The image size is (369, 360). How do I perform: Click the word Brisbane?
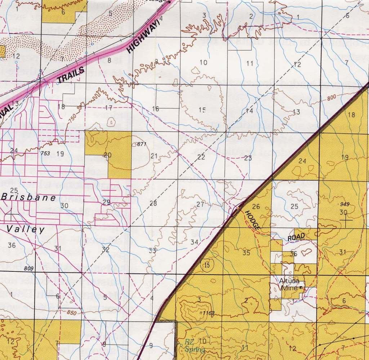point(29,198)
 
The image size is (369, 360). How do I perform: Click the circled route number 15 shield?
point(206,265)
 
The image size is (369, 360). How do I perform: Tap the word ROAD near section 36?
point(296,237)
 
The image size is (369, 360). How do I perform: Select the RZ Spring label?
point(190,345)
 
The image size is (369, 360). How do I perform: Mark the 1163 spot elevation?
point(208,313)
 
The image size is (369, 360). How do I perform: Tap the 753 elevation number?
point(45,153)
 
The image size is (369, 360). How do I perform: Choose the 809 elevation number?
point(29,268)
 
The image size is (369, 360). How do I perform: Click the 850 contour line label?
point(71,313)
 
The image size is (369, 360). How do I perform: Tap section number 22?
point(201,157)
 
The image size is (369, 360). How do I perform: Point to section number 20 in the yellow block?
point(107,155)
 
